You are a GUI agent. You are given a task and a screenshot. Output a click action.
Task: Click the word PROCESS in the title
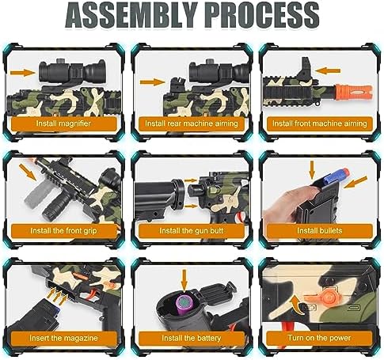pyautogui.click(x=262, y=15)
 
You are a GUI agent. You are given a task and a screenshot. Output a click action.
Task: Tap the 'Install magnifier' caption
pyautogui.click(x=63, y=123)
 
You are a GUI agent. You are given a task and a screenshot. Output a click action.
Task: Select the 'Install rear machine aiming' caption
pyautogui.click(x=192, y=123)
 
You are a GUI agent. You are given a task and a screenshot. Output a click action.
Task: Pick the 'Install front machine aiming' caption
pyautogui.click(x=320, y=123)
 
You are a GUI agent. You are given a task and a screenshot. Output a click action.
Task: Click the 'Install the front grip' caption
pyautogui.click(x=63, y=231)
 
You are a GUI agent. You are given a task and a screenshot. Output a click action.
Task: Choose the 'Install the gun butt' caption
pyautogui.click(x=192, y=231)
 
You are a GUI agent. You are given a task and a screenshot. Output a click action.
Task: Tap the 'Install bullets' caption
pyautogui.click(x=319, y=231)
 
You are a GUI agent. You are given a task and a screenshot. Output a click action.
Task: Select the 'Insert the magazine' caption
pyautogui.click(x=63, y=338)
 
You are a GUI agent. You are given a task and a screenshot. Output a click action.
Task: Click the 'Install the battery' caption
pyautogui.click(x=192, y=338)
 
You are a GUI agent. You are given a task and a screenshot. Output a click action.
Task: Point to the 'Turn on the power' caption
pyautogui.click(x=319, y=338)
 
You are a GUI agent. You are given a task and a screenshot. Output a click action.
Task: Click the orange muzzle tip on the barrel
pyautogui.click(x=354, y=93)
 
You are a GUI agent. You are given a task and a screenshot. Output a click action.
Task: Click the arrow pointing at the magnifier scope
pyautogui.click(x=23, y=72)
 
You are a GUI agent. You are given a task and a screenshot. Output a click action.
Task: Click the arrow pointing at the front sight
pyautogui.click(x=328, y=70)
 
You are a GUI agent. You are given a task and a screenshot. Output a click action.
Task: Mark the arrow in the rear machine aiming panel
pyautogui.click(x=153, y=82)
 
